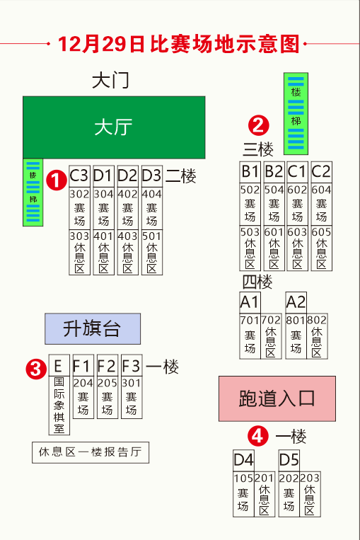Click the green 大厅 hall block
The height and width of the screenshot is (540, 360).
coord(114,127)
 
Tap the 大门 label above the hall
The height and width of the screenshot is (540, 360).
coord(110,80)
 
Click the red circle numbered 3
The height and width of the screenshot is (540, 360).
coord(34,368)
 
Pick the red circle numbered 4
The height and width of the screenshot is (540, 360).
coord(259,436)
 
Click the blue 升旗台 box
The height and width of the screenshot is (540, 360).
coord(92,328)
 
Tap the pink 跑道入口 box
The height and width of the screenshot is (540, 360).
coord(277,399)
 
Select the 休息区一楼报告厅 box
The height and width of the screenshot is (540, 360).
coord(91,452)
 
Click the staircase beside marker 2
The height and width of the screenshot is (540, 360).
coord(296,113)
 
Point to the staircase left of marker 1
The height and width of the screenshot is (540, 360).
coord(33,193)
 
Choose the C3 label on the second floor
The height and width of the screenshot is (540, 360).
coord(79,175)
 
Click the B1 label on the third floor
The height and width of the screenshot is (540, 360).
coord(250,171)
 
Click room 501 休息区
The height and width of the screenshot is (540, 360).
coord(151,252)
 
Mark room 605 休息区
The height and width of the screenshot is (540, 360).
coord(321,248)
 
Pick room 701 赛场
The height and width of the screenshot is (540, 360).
coord(250,336)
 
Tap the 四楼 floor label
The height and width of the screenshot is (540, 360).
coord(257,282)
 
